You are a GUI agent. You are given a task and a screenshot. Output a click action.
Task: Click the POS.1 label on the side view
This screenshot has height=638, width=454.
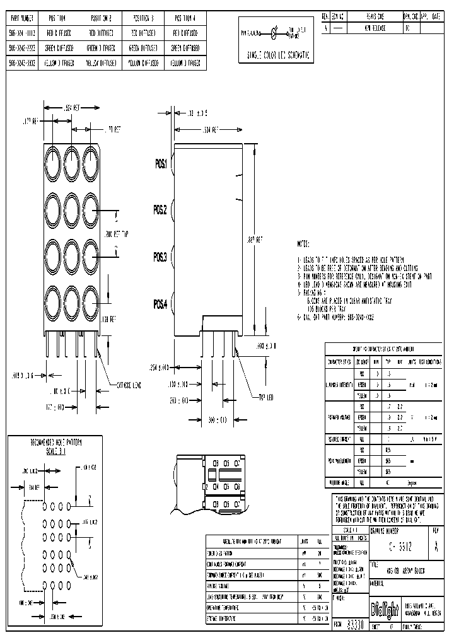point(161,164)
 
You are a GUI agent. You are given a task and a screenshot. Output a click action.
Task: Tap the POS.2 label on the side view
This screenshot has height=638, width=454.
point(161,210)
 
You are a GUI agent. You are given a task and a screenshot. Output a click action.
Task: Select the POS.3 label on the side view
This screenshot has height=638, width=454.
point(161,257)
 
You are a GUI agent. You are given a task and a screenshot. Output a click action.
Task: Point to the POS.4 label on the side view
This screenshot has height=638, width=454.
point(161,304)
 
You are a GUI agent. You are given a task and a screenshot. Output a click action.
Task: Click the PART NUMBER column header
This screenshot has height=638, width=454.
point(22,18)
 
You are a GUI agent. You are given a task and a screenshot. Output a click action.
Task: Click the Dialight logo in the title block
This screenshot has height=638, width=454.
point(384,611)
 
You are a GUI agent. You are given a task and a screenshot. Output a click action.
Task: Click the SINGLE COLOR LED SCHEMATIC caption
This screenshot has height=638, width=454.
point(278,55)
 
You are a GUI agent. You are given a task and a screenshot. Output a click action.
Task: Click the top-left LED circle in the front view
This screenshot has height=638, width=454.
point(52,156)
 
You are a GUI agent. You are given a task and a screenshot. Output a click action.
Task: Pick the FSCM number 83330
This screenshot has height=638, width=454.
point(356,625)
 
